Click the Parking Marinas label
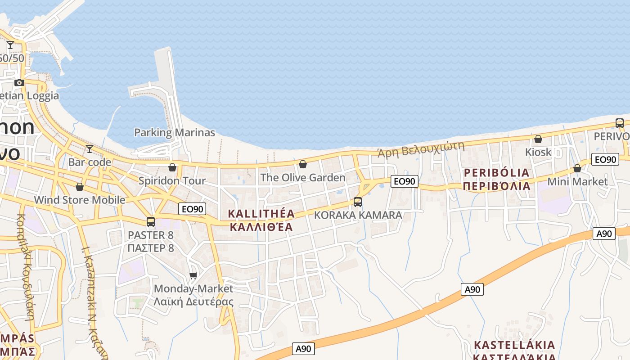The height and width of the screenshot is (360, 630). pyautogui.click(x=175, y=133)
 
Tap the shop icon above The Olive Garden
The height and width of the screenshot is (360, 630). pyautogui.click(x=303, y=164)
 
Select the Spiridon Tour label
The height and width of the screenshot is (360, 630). pyautogui.click(x=172, y=181)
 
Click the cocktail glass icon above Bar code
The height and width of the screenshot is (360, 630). pyautogui.click(x=90, y=149)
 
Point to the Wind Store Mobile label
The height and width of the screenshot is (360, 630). pyautogui.click(x=80, y=200)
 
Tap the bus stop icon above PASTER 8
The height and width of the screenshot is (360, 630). pyautogui.click(x=151, y=222)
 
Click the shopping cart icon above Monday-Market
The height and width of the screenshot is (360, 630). pyautogui.click(x=193, y=275)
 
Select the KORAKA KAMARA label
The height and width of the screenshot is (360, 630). pyautogui.click(x=358, y=215)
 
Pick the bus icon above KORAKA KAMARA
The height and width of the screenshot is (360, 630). pyautogui.click(x=358, y=202)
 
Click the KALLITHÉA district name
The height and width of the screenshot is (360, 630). pyautogui.click(x=261, y=214)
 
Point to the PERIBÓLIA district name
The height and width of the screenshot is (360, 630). pyautogui.click(x=496, y=173)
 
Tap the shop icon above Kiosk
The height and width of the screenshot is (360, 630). pyautogui.click(x=538, y=139)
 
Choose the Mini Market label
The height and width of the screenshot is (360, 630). pyautogui.click(x=577, y=182)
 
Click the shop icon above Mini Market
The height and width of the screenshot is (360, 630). pyautogui.click(x=577, y=169)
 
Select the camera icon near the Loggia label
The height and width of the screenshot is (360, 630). pyautogui.click(x=19, y=82)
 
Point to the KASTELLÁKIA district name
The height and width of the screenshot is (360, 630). pyautogui.click(x=514, y=345)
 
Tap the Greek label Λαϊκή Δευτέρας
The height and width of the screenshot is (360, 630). pyautogui.click(x=193, y=301)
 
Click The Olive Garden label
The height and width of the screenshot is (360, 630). pyautogui.click(x=303, y=178)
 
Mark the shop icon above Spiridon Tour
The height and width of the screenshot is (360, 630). pyautogui.click(x=172, y=168)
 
